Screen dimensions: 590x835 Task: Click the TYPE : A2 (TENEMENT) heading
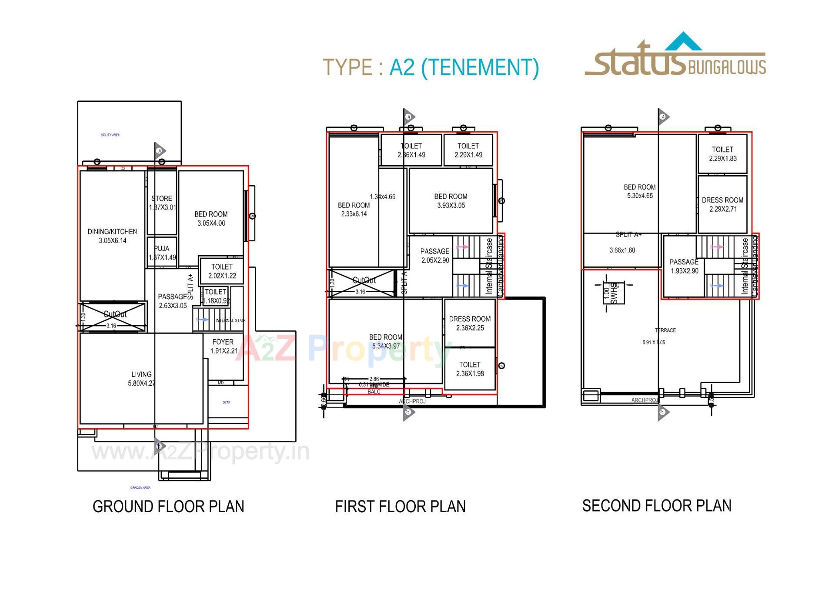[431, 67]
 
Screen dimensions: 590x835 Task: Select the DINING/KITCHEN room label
[112, 236]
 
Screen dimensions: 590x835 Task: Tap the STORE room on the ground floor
[162, 203]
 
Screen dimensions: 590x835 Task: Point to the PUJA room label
[162, 253]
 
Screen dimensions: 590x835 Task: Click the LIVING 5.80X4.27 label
[141, 378]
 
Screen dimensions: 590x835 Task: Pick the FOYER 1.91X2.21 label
[223, 346]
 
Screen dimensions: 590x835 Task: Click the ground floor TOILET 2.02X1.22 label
[222, 271]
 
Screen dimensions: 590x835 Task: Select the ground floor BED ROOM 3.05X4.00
[211, 218]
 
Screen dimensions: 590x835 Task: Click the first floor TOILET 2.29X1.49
[468, 150]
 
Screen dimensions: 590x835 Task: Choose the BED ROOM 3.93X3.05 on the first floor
[451, 201]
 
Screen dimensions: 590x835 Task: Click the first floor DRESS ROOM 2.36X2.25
[470, 323]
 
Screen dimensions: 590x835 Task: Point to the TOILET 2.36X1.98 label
[470, 369]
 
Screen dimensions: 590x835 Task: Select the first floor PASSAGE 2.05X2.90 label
[434, 255]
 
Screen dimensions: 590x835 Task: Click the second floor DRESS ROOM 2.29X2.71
[722, 204]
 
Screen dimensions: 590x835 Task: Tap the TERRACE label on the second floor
[665, 330]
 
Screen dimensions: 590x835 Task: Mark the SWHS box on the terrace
[613, 293]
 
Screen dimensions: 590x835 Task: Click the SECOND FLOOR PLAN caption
[656, 506]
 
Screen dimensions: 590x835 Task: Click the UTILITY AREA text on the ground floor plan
[110, 135]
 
